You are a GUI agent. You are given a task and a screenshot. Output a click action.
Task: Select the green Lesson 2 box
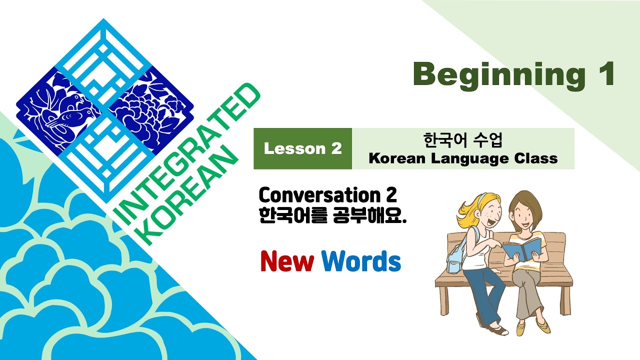click(302, 148)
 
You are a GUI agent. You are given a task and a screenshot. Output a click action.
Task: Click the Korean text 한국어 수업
click(462, 140)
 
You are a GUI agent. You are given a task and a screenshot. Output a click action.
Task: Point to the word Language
click(468, 159)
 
